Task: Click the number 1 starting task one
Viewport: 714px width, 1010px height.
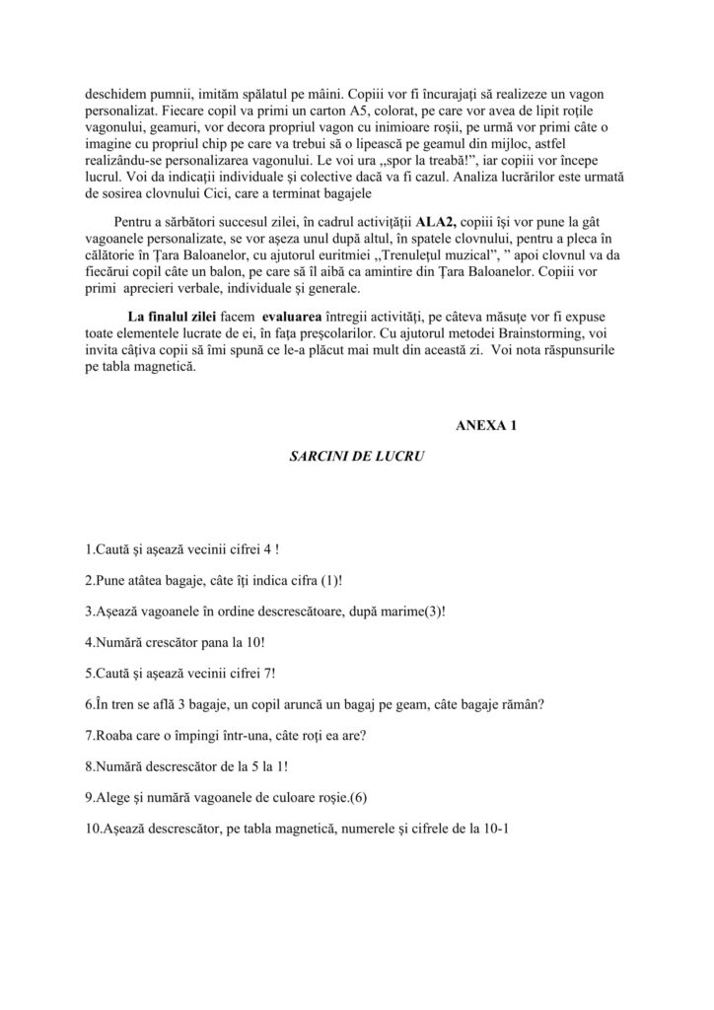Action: coord(90,546)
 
